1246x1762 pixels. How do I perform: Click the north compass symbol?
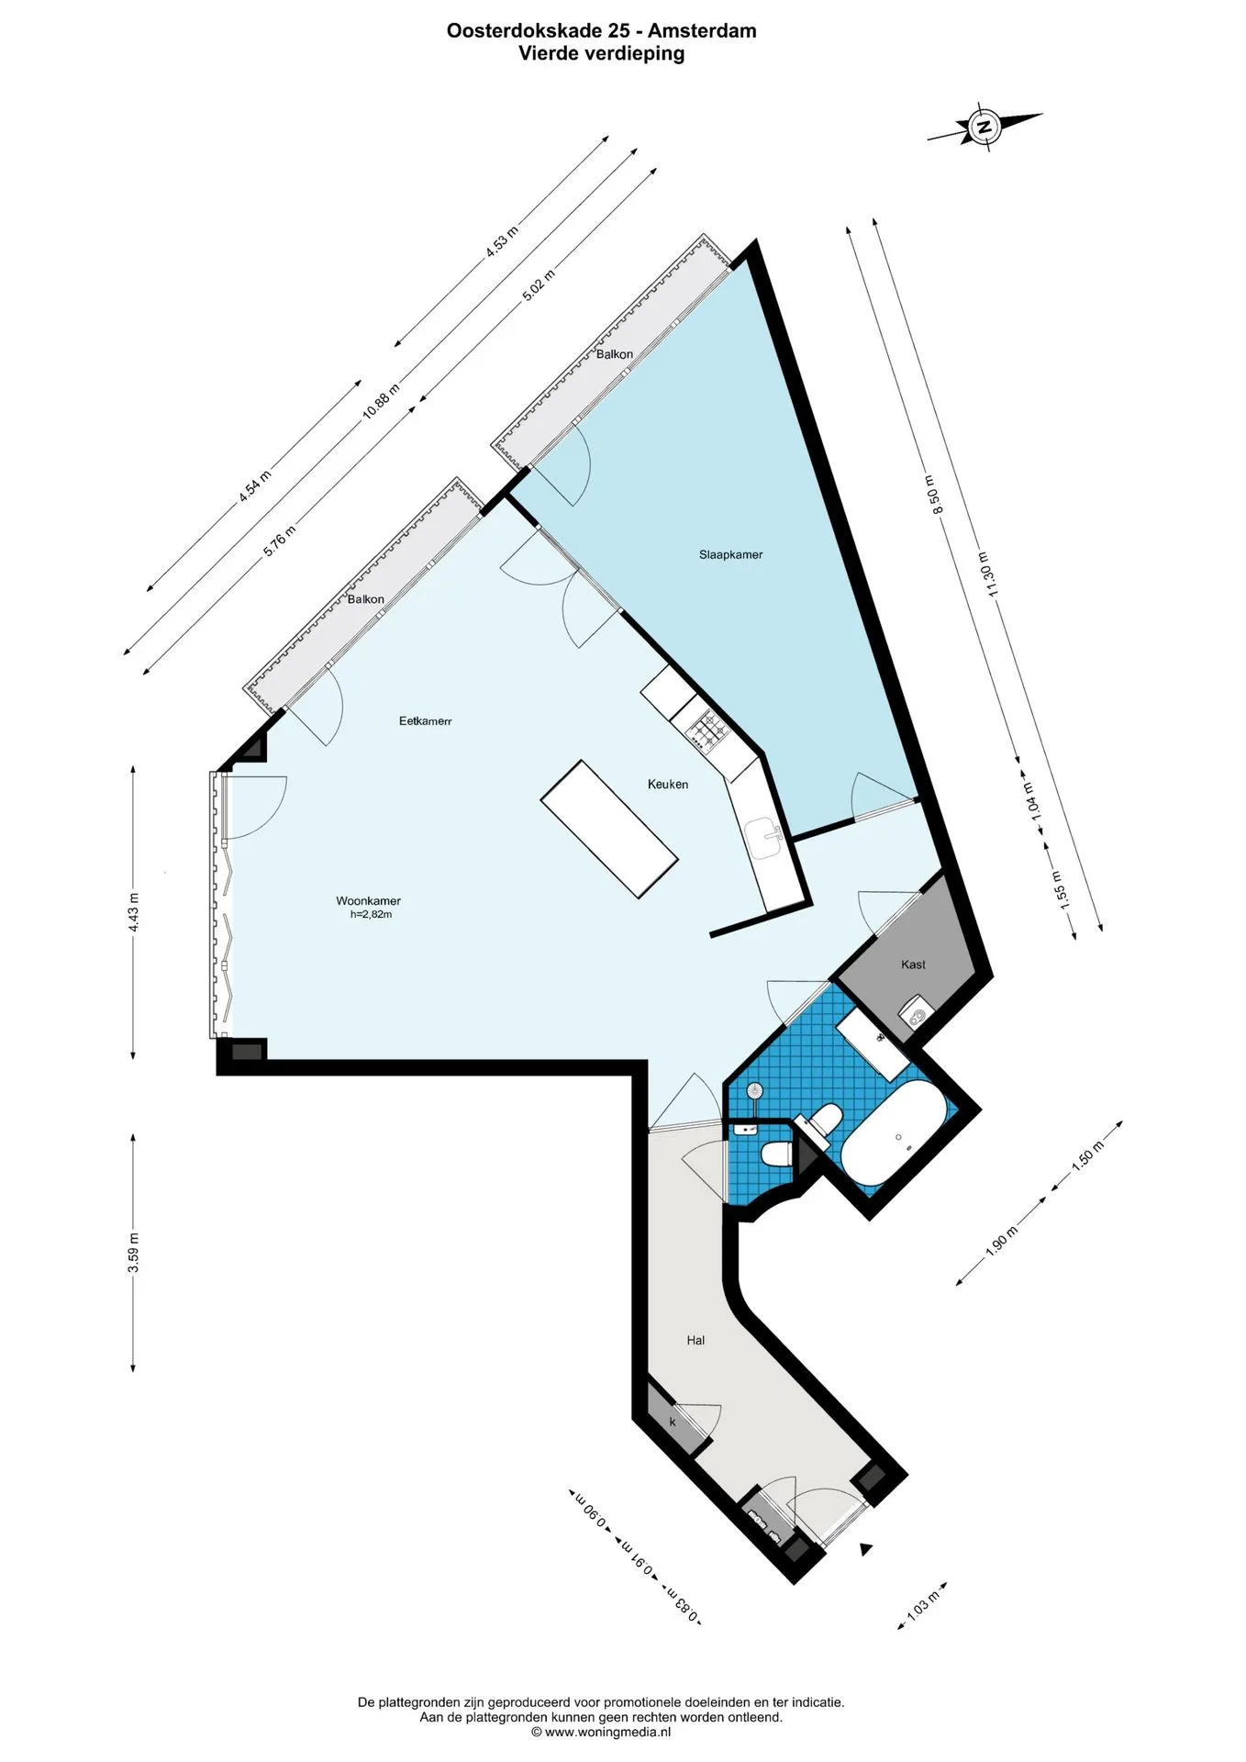[x=985, y=127]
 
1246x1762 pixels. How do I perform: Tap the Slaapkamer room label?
[x=730, y=554]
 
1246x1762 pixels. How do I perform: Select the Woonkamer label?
[x=368, y=901]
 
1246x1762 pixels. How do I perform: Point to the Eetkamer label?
[x=426, y=721]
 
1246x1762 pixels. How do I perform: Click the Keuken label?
[x=668, y=785]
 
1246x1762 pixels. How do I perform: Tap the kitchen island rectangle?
[x=609, y=829]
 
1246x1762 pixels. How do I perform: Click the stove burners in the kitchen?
[x=709, y=730]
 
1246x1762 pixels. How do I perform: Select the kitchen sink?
[x=763, y=839]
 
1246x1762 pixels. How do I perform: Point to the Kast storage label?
[x=913, y=965]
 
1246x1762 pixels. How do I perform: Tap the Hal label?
[x=695, y=1341]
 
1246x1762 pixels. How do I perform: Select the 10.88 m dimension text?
[x=381, y=400]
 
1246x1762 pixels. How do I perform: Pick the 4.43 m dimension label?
[x=133, y=913]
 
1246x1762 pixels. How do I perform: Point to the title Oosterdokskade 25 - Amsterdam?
[x=602, y=30]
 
